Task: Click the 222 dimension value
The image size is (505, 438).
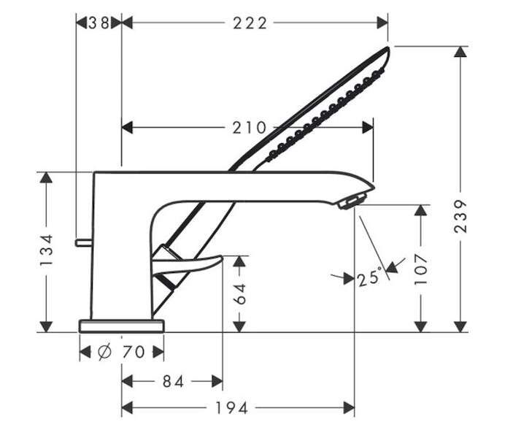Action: click(250, 23)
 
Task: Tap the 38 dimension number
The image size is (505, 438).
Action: click(99, 23)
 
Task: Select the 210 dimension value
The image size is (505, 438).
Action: click(250, 128)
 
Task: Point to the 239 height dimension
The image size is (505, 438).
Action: click(460, 216)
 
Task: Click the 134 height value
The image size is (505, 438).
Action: click(47, 250)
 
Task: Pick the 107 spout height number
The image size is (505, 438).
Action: click(420, 269)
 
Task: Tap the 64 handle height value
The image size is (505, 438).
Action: click(240, 293)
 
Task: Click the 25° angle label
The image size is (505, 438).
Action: click(370, 277)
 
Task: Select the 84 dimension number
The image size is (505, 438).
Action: click(173, 382)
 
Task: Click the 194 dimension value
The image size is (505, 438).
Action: click(231, 408)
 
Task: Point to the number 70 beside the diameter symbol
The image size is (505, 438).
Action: click(134, 352)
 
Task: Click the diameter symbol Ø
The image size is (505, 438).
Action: click(104, 351)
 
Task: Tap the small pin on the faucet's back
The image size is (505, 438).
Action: click(84, 242)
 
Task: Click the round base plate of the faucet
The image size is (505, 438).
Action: click(121, 326)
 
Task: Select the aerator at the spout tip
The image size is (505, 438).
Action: click(352, 200)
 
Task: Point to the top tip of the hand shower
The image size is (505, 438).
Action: click(388, 48)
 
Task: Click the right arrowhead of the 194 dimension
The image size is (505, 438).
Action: click(349, 408)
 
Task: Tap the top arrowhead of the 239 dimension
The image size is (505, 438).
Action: click(460, 52)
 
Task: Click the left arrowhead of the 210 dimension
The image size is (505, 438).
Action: click(127, 128)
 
